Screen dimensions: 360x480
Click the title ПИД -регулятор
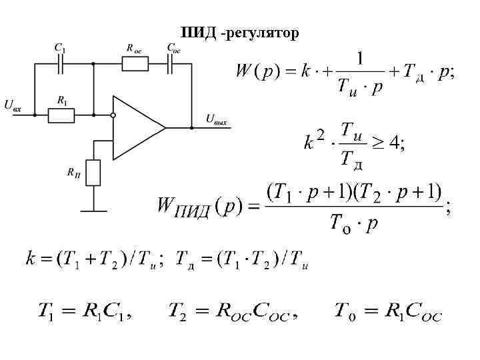pyautogui.click(x=240, y=33)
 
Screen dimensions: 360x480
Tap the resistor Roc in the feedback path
pyautogui.click(x=135, y=64)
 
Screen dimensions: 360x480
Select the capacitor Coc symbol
pyautogui.click(x=171, y=64)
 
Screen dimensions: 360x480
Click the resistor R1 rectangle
pyautogui.click(x=61, y=115)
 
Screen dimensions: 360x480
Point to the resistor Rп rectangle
pyautogui.click(x=93, y=173)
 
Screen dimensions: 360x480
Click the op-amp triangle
pyautogui.click(x=137, y=127)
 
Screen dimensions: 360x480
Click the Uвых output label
pyautogui.click(x=217, y=119)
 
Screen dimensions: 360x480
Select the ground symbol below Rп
pyautogui.click(x=93, y=211)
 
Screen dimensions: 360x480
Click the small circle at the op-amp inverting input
pyautogui.click(x=113, y=115)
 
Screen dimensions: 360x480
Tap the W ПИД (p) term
pyautogui.click(x=197, y=207)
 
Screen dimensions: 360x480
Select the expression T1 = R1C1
pyautogui.click(x=85, y=311)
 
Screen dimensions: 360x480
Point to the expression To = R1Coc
pyautogui.click(x=387, y=311)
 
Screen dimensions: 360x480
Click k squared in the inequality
pyautogui.click(x=314, y=141)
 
